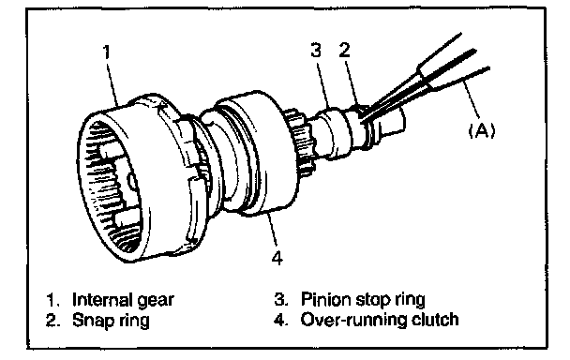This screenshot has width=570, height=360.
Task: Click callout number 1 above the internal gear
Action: [x=107, y=52]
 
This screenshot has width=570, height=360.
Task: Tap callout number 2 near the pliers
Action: [x=345, y=50]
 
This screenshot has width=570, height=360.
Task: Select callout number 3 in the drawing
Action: [x=316, y=50]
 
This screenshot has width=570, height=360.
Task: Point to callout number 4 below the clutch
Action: [x=277, y=258]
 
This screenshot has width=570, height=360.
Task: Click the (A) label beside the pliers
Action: [x=482, y=129]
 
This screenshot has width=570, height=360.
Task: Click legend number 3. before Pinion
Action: [x=281, y=300]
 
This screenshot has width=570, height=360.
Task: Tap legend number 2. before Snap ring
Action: [x=52, y=321]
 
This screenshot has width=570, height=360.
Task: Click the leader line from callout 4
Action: [x=273, y=232]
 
